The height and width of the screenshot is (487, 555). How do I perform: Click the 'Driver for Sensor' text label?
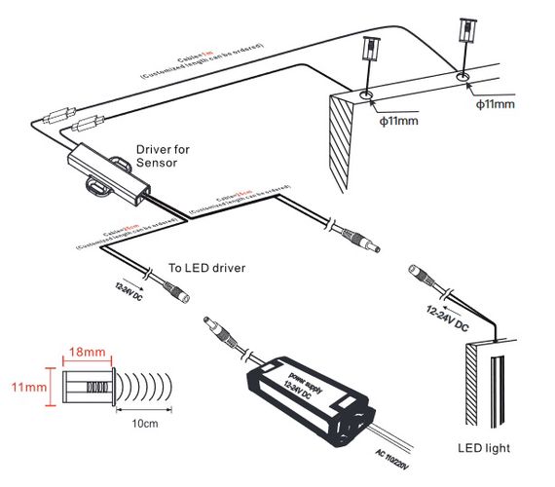[163, 157]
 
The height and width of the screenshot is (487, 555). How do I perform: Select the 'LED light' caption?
[483, 448]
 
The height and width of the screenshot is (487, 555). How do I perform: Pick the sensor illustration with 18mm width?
[88, 387]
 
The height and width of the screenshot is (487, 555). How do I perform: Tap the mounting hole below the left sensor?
[367, 95]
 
